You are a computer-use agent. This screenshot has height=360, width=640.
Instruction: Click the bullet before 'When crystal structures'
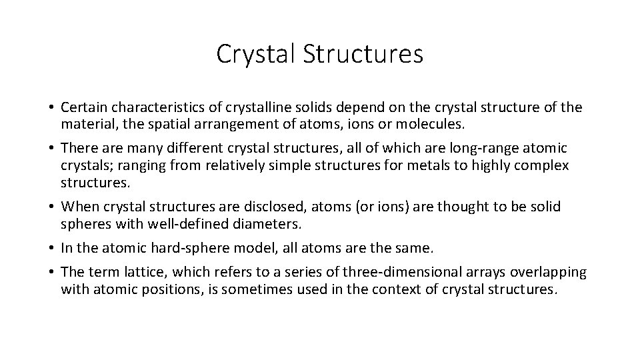pos(51,207)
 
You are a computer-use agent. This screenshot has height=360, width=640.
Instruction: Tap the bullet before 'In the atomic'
pos(51,249)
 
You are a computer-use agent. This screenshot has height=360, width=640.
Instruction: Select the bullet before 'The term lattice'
pos(51,273)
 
